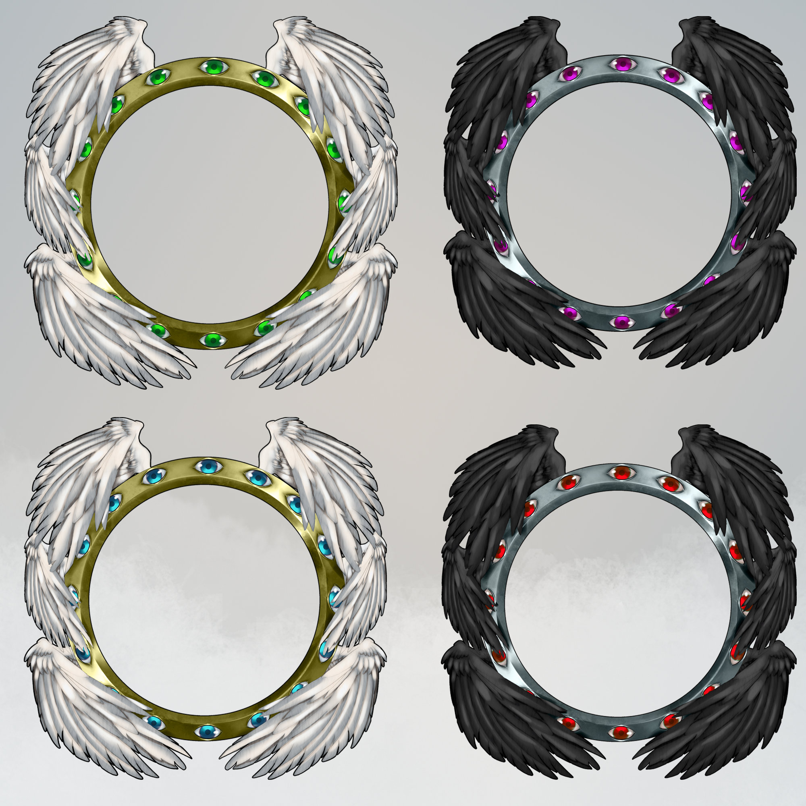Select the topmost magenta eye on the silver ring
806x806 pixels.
[x=623, y=64]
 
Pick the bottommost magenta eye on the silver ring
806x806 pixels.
[x=621, y=321]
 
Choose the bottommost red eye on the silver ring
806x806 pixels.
[x=621, y=732]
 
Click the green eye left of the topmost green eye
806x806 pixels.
[x=158, y=77]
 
